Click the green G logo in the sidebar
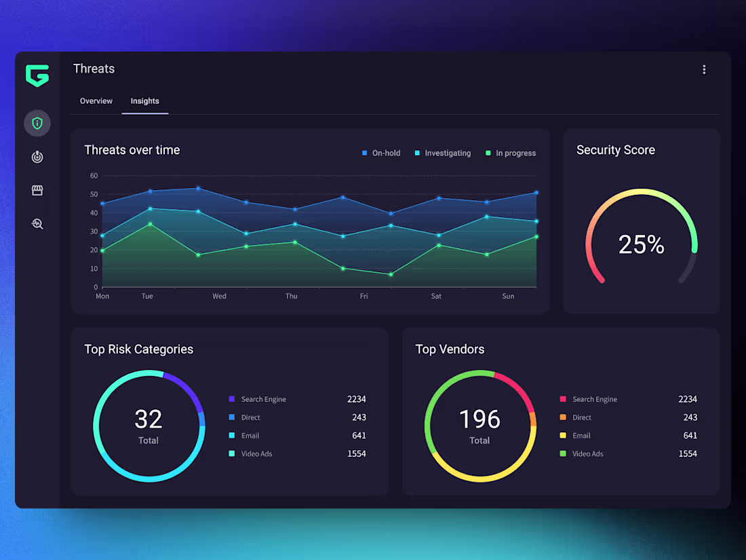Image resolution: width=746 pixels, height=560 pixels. [x=37, y=75]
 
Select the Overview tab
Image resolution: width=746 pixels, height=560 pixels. [x=96, y=101]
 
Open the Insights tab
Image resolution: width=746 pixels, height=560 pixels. [x=144, y=101]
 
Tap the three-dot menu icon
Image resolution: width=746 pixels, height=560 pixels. [x=704, y=69]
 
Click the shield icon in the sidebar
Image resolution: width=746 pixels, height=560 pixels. [x=37, y=123]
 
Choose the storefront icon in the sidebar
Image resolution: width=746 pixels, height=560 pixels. [x=37, y=191]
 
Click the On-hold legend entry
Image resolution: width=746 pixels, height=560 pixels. [x=381, y=153]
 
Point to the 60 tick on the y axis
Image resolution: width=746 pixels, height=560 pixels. [x=94, y=176]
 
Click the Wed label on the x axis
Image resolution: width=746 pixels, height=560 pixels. [x=219, y=296]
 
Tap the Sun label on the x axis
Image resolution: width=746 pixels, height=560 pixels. [x=508, y=296]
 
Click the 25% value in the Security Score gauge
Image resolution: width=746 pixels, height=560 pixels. [x=641, y=244]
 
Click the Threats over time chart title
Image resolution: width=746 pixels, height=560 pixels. [x=132, y=150]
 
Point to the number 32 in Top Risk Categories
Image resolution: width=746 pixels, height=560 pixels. [x=149, y=419]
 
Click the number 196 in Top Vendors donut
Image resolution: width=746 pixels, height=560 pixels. [x=479, y=419]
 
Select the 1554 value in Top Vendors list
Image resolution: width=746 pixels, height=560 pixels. [x=688, y=453]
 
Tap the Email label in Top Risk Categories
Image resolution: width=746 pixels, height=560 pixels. [x=250, y=436]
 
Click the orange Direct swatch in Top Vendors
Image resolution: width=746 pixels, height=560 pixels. [x=563, y=417]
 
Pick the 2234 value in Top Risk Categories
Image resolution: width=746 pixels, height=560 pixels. [x=356, y=399]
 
